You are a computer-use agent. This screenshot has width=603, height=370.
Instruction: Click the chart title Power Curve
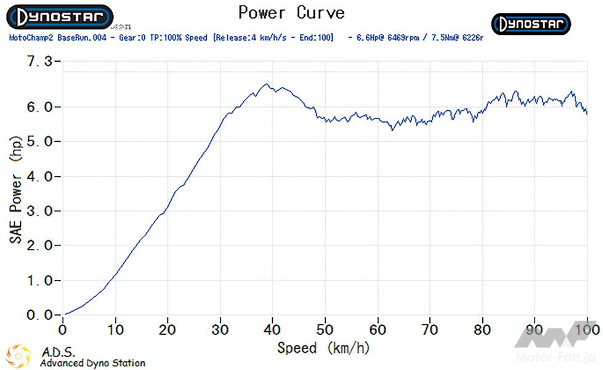[291, 12]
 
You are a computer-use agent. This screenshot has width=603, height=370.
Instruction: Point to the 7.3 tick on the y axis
[41, 62]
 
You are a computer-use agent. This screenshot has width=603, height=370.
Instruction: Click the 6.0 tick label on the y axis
[41, 107]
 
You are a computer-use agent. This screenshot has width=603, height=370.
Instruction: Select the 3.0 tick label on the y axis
[41, 211]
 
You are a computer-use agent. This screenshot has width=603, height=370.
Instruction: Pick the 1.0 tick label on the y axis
[41, 281]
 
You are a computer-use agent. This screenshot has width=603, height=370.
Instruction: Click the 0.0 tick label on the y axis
[41, 315]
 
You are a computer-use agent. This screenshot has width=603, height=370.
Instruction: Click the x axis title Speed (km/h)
[323, 348]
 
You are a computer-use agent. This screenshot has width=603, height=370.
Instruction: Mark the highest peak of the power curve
[266, 84]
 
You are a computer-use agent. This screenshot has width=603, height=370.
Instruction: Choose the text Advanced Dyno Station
[92, 363]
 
